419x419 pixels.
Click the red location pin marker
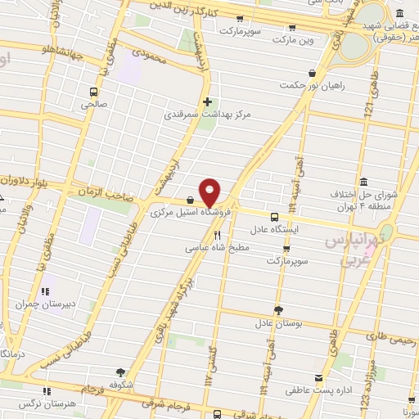click(210, 191)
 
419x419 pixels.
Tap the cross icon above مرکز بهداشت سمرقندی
click(207, 102)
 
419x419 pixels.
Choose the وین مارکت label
click(293, 38)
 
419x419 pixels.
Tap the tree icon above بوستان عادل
click(277, 309)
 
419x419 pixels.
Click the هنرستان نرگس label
click(43, 403)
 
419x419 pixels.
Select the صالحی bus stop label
click(93, 104)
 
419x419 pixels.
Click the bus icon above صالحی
click(93, 92)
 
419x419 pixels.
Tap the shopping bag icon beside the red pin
click(190, 199)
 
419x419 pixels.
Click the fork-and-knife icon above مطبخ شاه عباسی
click(217, 233)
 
